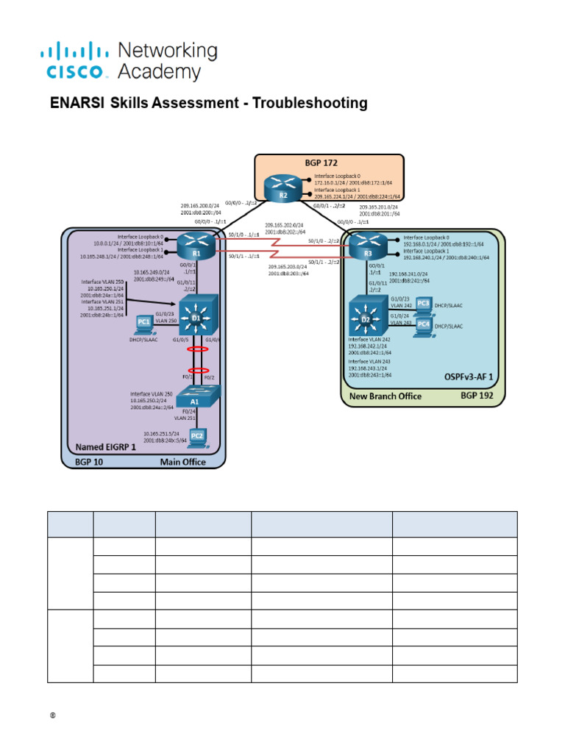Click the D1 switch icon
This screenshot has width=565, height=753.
[x=196, y=315]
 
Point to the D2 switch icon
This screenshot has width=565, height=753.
[x=366, y=315]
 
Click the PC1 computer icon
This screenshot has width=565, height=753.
[x=143, y=322]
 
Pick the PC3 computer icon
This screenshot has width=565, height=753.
[x=423, y=304]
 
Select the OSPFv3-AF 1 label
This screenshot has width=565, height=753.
[x=469, y=376]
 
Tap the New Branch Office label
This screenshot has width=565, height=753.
[x=385, y=396]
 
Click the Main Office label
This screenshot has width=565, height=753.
[x=183, y=462]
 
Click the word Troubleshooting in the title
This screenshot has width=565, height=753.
[x=310, y=104]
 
